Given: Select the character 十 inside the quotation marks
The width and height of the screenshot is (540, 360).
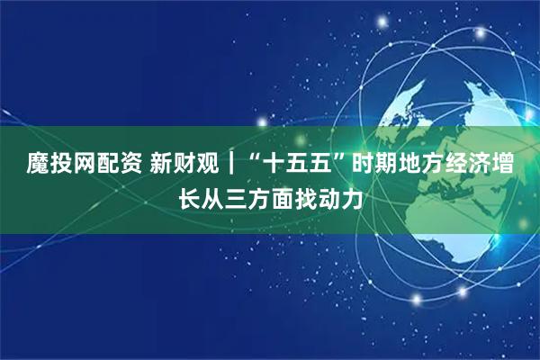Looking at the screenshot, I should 285,165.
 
